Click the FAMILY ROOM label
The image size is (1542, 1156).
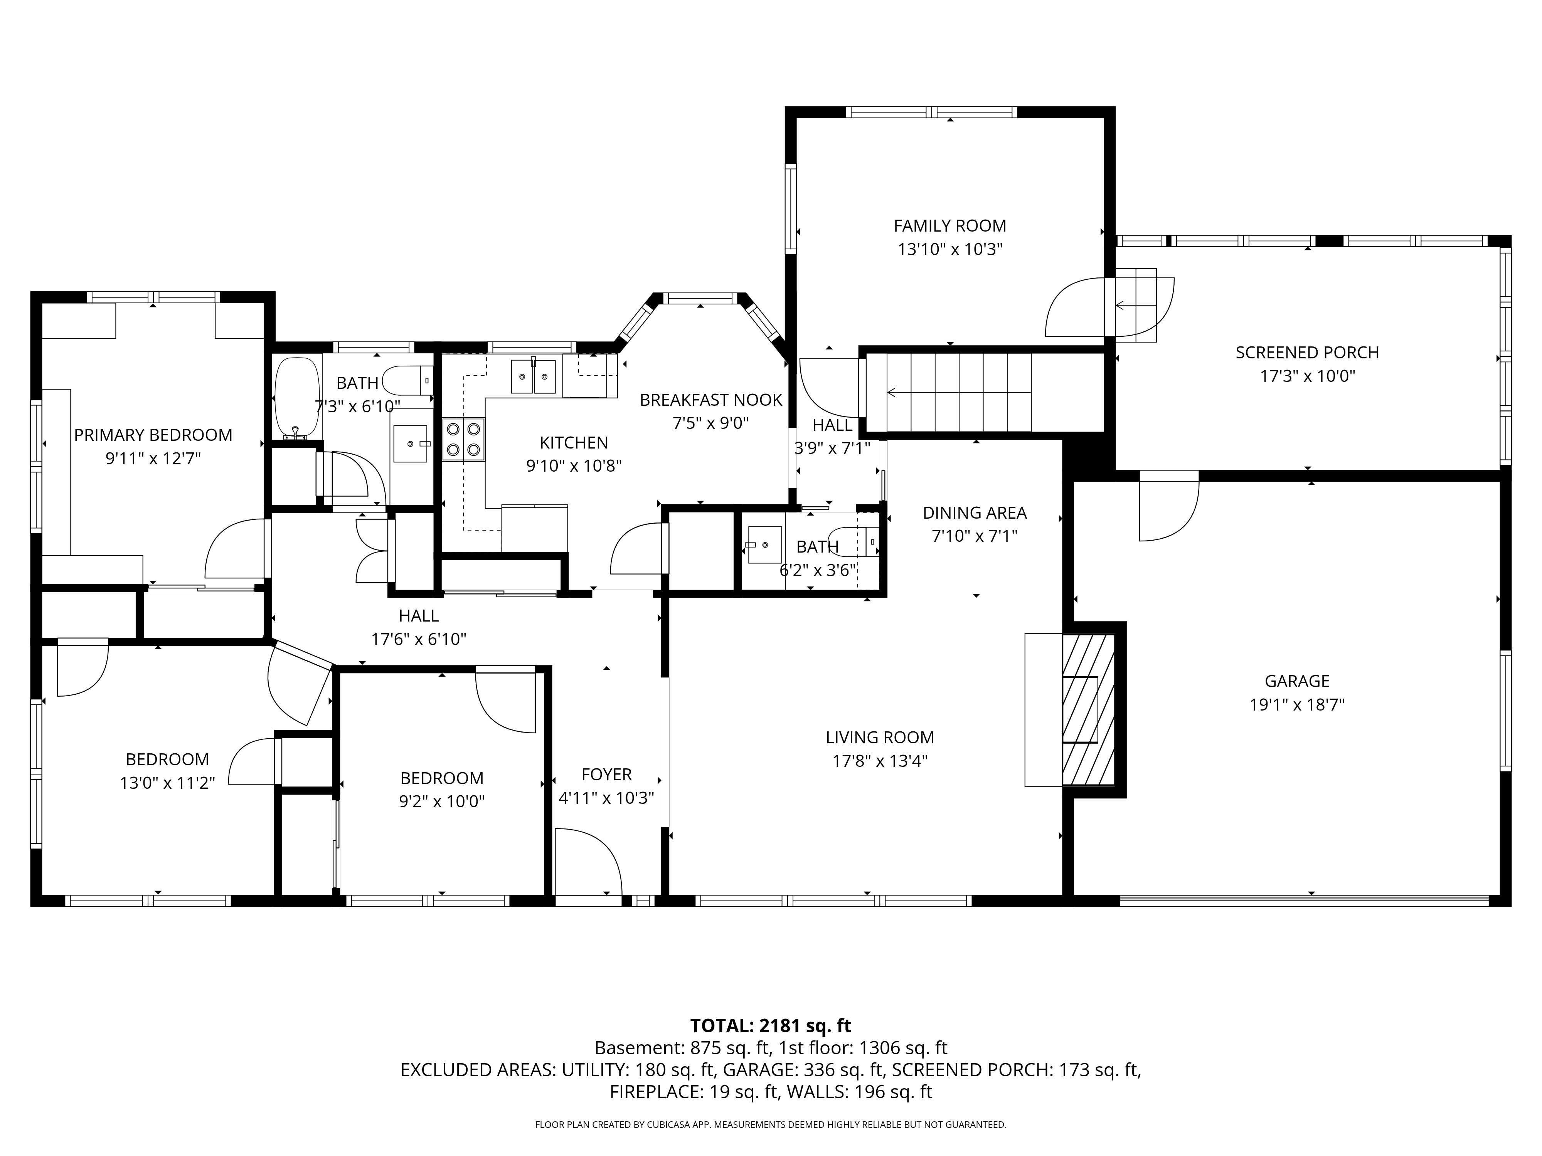point(949,226)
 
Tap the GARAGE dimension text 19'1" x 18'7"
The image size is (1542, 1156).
point(1296,704)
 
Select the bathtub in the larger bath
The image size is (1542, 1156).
point(297,397)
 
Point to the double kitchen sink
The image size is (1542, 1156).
point(533,376)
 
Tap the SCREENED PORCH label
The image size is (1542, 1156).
point(1307,353)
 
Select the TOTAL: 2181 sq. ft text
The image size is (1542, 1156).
point(770,1026)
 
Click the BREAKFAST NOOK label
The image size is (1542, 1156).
point(710,400)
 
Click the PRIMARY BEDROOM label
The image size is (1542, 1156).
point(153,435)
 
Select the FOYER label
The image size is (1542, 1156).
point(606,774)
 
